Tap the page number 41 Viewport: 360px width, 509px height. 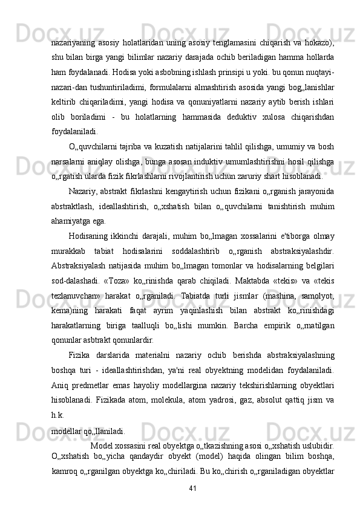(x=193, y=488)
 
